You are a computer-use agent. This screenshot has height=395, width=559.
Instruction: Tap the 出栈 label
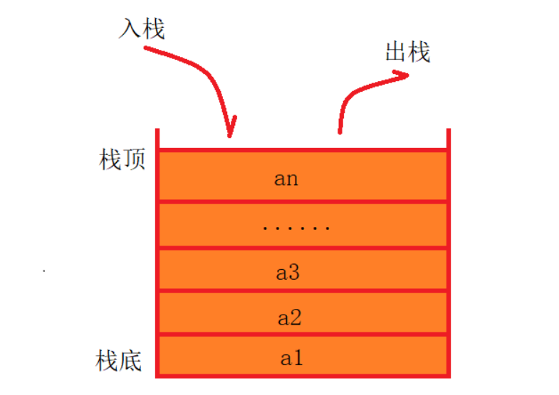click(407, 51)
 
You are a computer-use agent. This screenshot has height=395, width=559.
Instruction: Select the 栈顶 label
click(122, 160)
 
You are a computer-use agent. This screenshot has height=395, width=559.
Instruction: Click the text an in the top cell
click(286, 178)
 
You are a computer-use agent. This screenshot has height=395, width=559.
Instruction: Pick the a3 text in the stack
click(287, 272)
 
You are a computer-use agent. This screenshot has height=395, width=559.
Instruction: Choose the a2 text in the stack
click(288, 317)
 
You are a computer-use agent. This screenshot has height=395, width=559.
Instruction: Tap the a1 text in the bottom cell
click(291, 358)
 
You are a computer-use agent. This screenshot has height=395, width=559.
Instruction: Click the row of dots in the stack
click(296, 228)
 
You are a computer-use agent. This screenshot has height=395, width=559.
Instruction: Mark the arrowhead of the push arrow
click(229, 132)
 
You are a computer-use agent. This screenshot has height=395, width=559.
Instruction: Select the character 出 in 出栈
click(396, 51)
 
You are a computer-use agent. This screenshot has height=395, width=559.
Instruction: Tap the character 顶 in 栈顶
click(134, 160)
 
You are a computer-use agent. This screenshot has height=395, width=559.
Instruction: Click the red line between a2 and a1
click(303, 335)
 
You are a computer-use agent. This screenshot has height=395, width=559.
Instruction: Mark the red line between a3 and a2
click(303, 291)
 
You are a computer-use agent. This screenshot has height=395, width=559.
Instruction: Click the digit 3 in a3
click(293, 272)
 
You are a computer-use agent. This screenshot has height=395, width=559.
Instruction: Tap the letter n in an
click(292, 179)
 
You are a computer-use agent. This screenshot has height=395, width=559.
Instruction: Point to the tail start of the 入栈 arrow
click(146, 48)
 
